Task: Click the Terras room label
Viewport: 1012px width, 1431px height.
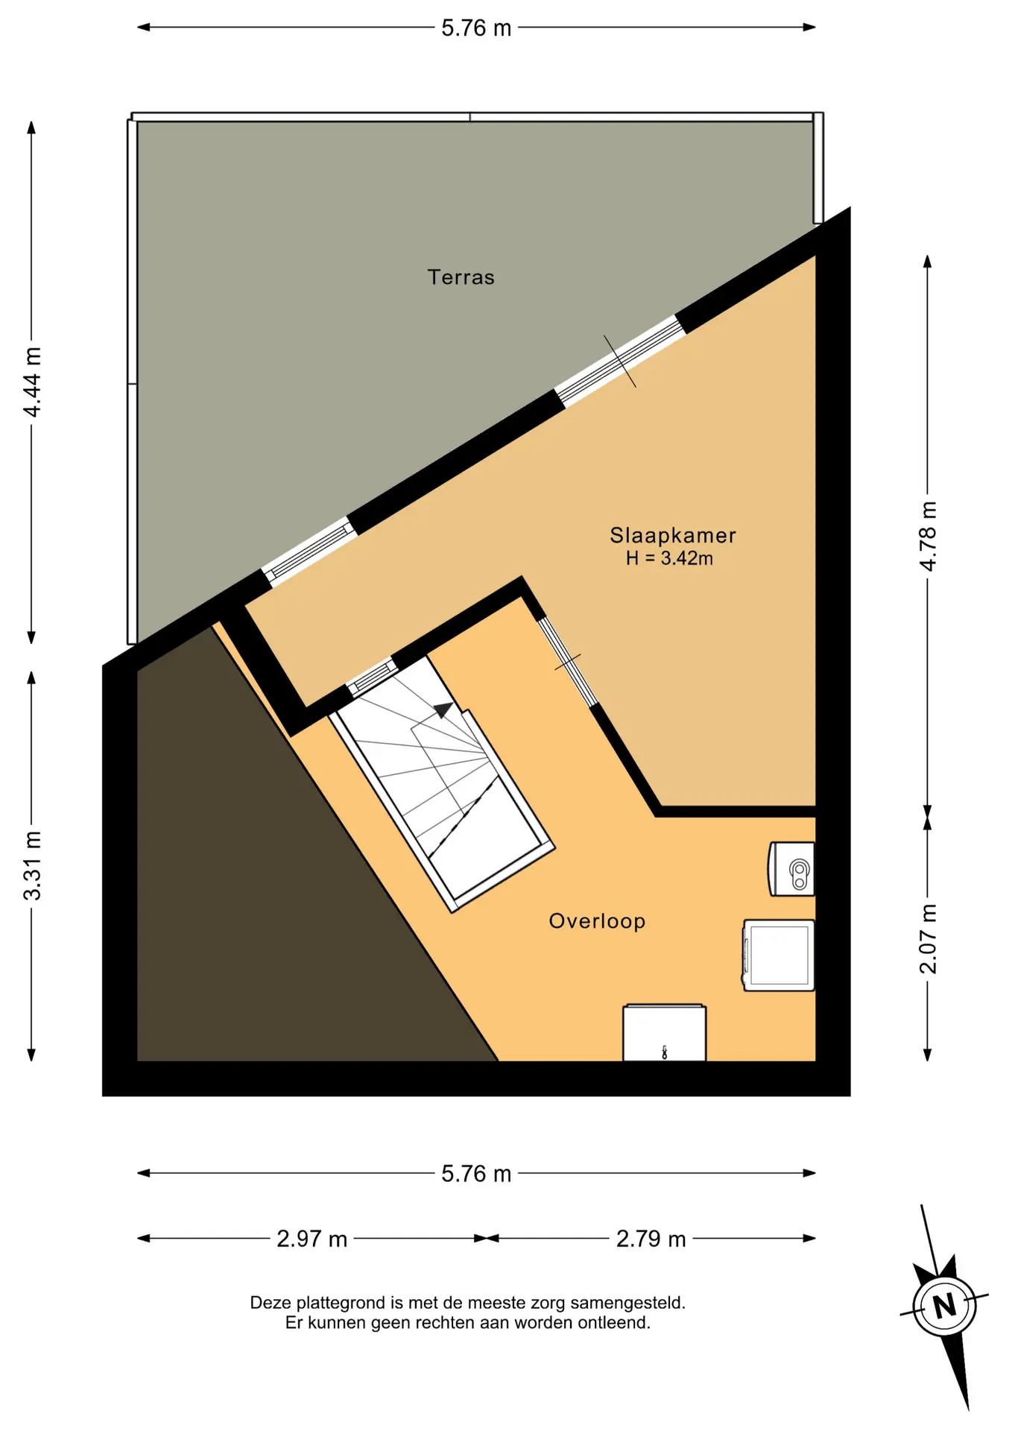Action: pyautogui.click(x=461, y=277)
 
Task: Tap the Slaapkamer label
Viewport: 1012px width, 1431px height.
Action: pyautogui.click(x=673, y=535)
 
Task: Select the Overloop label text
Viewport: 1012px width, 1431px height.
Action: pyautogui.click(x=597, y=921)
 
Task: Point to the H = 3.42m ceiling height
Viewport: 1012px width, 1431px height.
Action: pyautogui.click(x=669, y=558)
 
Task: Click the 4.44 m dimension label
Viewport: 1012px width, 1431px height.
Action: pyautogui.click(x=32, y=382)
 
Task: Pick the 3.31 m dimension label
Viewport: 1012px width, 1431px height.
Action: pyautogui.click(x=32, y=865)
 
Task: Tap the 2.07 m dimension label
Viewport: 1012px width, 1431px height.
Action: pyautogui.click(x=928, y=939)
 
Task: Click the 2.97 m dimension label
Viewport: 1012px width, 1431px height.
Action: pyautogui.click(x=312, y=1239)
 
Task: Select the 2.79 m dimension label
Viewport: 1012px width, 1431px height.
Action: pyautogui.click(x=651, y=1239)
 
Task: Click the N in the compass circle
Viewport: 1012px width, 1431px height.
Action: pyautogui.click(x=945, y=1306)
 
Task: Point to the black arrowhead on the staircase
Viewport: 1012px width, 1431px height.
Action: pyautogui.click(x=443, y=710)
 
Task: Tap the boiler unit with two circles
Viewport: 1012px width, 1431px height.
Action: pyautogui.click(x=791, y=869)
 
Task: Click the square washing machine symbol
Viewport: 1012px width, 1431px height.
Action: pyautogui.click(x=779, y=955)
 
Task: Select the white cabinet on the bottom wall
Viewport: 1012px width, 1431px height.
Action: pyautogui.click(x=664, y=1032)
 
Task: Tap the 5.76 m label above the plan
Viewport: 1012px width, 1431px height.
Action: pyautogui.click(x=476, y=28)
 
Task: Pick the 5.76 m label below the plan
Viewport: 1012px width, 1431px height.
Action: pyautogui.click(x=476, y=1174)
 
